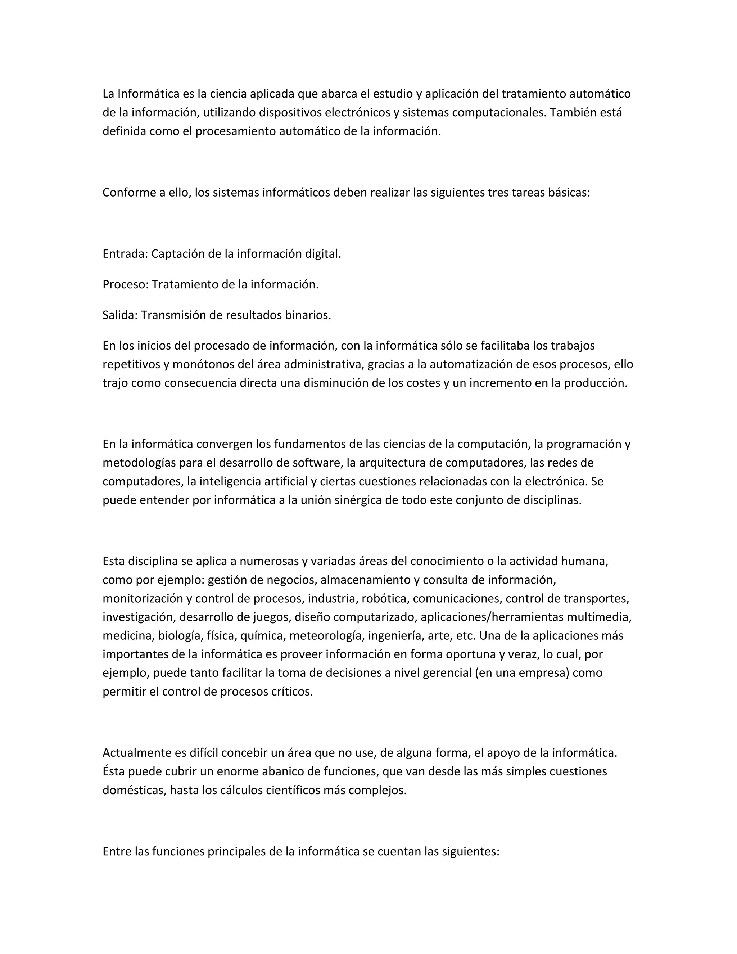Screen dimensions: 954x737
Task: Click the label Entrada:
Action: coord(125,254)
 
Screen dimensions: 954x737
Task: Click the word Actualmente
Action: coord(137,753)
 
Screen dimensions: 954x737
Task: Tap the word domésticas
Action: coord(133,790)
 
